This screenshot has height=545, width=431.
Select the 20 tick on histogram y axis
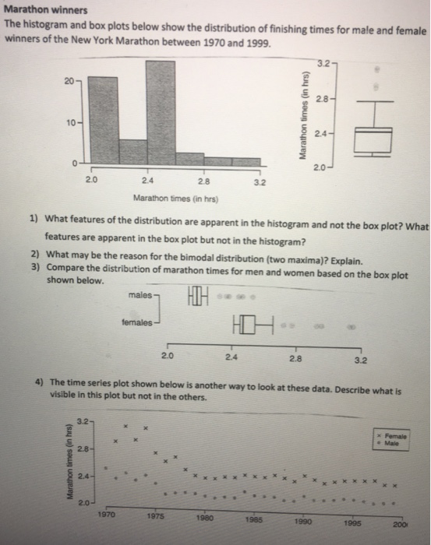click(x=70, y=80)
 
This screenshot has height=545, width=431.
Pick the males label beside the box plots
click(x=143, y=295)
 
